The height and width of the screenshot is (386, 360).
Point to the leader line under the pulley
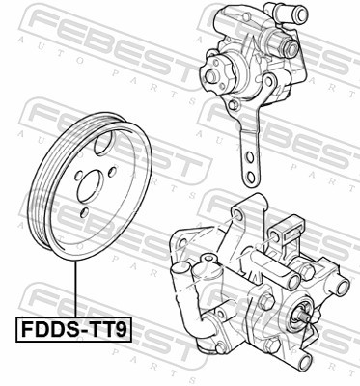(x=73, y=294)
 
